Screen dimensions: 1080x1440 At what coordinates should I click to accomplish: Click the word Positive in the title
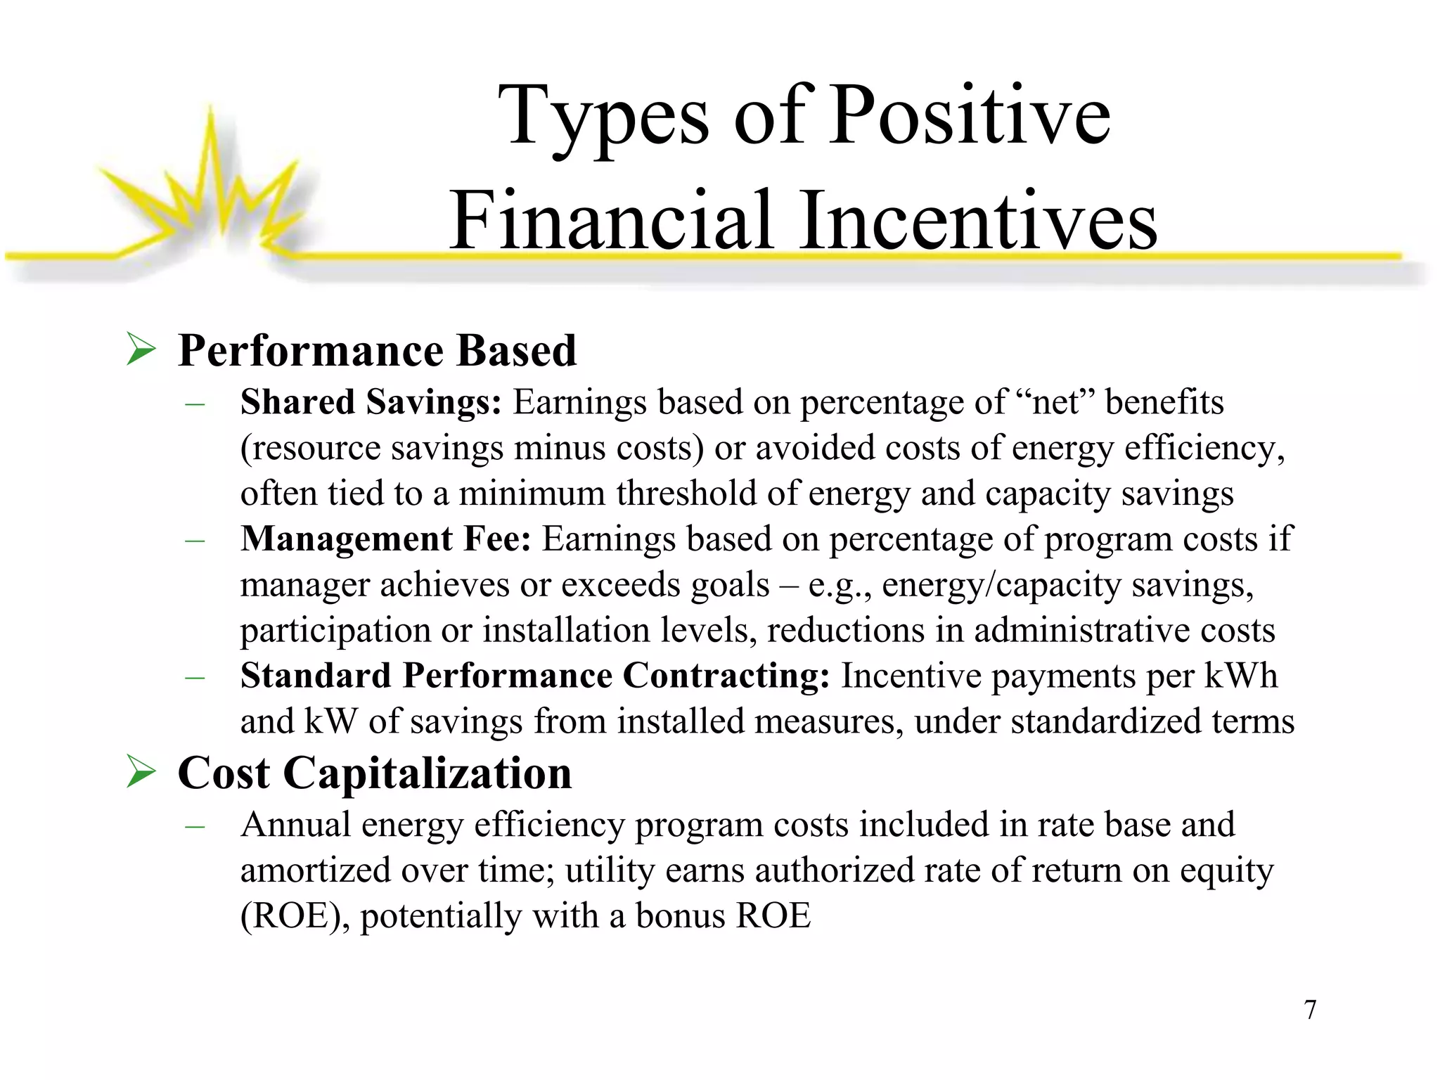[970, 115]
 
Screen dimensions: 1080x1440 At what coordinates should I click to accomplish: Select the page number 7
[1309, 1010]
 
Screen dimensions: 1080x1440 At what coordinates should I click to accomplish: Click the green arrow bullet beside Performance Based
[141, 349]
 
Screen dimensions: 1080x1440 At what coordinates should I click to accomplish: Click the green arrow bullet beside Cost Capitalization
[141, 772]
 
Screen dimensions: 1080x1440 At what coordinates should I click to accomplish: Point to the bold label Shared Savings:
[371, 402]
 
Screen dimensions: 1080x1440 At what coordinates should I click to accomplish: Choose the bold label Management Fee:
[385, 539]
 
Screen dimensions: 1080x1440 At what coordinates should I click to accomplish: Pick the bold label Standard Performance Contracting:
[534, 676]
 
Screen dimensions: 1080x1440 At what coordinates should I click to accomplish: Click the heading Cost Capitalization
[375, 773]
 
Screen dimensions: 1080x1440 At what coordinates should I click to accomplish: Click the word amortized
[315, 870]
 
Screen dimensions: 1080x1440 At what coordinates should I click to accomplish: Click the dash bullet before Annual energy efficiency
[194, 825]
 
